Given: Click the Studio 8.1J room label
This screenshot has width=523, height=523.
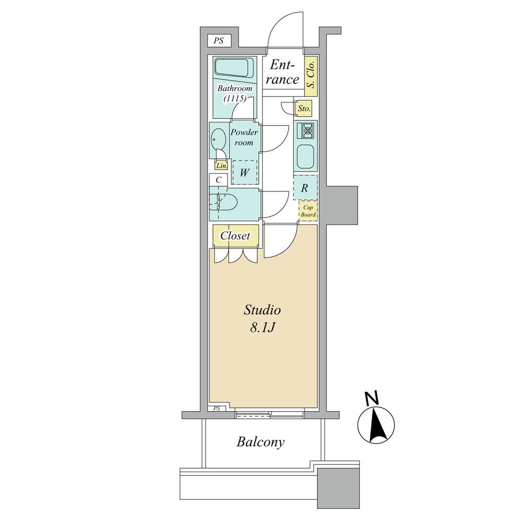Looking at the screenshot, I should coord(263,319).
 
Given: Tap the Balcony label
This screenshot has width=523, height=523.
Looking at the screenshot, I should coord(260,442).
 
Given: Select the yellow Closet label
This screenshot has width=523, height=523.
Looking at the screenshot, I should coord(235,235).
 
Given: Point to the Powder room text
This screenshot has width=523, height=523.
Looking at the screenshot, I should coord(242,138).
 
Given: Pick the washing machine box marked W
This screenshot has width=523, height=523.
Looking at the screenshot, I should coord(244,172).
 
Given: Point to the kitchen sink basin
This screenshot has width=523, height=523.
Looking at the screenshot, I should coord(305,155).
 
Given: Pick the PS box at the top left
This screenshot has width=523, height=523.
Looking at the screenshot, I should coord(218,40).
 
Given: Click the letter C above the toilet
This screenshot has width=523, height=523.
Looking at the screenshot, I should coord(218,179).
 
